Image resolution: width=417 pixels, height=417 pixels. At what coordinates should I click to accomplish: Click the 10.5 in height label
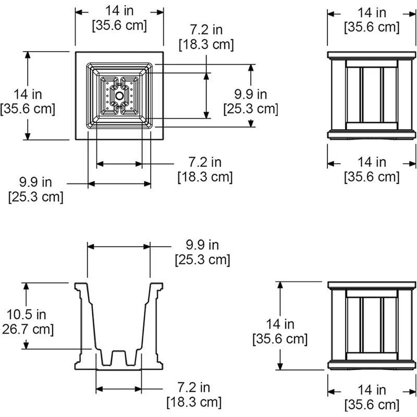tap(27, 314)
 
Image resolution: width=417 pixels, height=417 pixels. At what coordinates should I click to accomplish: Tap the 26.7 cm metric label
tap(28, 329)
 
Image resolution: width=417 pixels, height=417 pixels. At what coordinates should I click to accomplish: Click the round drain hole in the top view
tap(119, 96)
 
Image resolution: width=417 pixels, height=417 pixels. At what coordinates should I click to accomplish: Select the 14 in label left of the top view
tap(28, 94)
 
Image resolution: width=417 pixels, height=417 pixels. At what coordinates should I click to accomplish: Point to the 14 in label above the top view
tap(119, 10)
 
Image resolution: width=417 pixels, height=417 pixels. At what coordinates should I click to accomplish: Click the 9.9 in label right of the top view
tap(251, 94)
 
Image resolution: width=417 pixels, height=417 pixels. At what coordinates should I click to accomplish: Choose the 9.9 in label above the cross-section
tap(202, 244)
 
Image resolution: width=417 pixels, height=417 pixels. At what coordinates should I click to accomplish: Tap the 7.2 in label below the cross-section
tap(194, 387)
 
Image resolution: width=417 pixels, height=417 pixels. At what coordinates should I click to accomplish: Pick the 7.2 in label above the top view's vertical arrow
tap(206, 30)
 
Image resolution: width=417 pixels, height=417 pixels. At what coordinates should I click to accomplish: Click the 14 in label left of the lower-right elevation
tap(280, 324)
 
